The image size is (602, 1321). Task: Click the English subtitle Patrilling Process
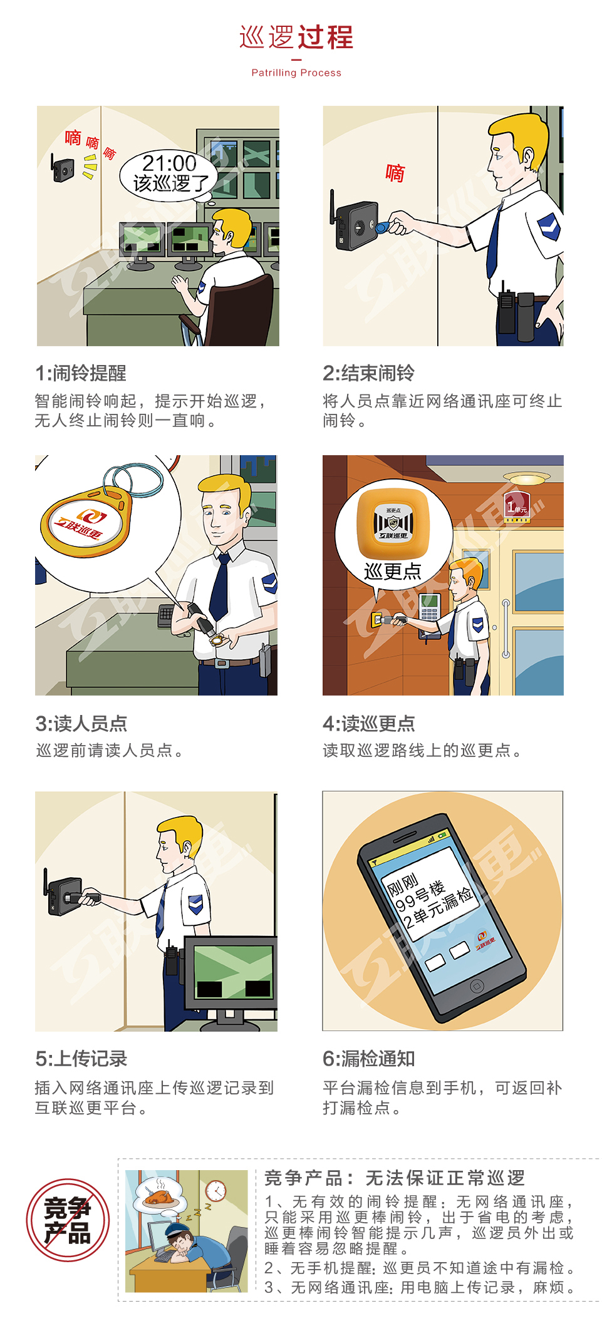click(x=296, y=73)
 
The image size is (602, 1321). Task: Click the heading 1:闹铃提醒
click(x=81, y=373)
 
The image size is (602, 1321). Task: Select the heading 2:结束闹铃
click(x=368, y=373)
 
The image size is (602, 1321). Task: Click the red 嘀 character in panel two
click(x=395, y=173)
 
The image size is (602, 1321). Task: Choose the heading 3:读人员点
click(x=81, y=724)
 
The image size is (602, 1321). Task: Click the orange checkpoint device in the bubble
click(x=393, y=523)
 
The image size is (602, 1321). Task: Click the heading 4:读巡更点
click(x=368, y=724)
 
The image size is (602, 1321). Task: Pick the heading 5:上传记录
click(x=81, y=1059)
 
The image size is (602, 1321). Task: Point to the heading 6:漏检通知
click(x=368, y=1059)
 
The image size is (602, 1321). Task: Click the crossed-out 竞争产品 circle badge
click(x=68, y=1220)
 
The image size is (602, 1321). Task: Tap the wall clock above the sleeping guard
click(x=216, y=1190)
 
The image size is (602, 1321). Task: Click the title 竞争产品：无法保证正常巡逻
click(x=395, y=1178)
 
